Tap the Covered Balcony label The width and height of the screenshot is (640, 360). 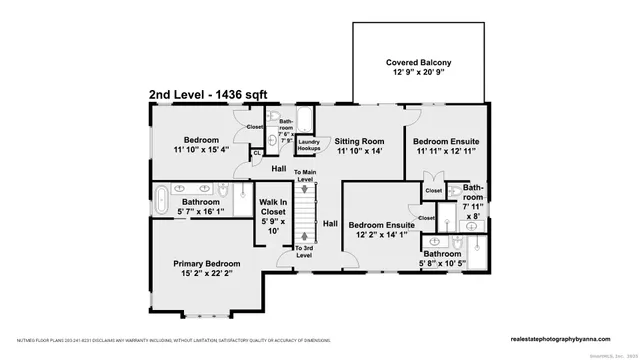421,62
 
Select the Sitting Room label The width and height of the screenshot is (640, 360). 359,142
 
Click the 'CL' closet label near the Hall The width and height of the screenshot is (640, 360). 257,153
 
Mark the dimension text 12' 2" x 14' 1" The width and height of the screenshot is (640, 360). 381,237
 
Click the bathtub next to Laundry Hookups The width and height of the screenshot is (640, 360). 305,123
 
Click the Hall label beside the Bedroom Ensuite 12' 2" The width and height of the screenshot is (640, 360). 330,224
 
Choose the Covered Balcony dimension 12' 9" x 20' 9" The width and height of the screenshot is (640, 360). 421,75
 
